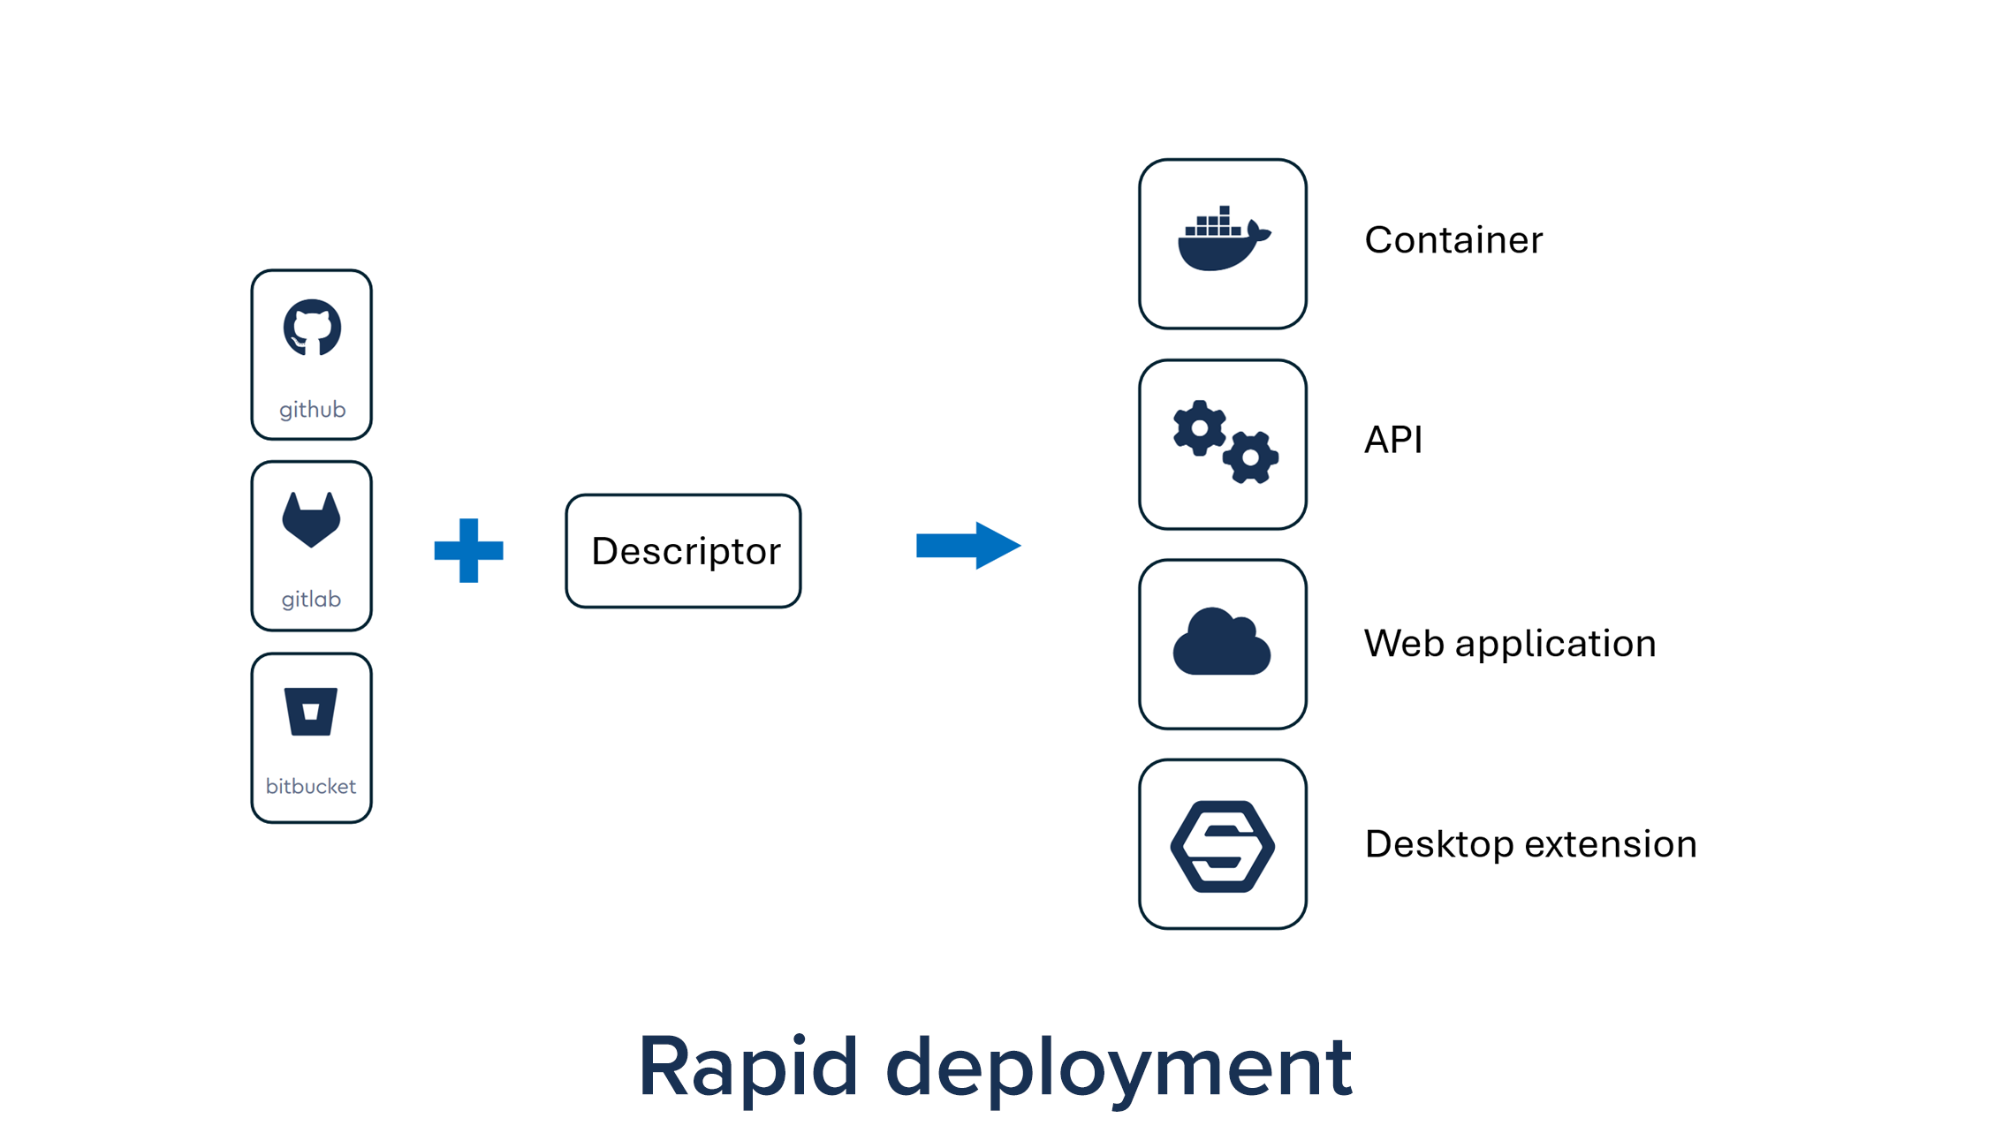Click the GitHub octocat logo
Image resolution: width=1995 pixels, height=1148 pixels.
312,328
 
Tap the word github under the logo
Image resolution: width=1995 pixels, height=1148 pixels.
312,410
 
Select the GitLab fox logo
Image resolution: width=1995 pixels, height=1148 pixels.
311,519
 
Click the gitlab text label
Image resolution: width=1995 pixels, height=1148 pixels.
311,600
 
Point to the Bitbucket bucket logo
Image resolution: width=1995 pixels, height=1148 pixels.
311,711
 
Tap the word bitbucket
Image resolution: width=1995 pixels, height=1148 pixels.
311,786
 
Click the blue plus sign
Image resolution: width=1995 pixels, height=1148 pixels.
468,550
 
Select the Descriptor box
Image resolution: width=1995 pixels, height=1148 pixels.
683,551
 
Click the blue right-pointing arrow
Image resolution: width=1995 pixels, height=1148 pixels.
968,545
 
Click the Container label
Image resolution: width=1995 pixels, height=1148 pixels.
1453,240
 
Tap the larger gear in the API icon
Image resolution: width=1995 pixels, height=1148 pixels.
1199,429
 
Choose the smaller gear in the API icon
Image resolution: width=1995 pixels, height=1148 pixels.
1251,457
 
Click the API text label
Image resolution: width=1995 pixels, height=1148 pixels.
1393,440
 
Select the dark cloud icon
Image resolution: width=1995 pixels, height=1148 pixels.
1222,643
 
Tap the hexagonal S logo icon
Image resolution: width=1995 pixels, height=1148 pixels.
1222,846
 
